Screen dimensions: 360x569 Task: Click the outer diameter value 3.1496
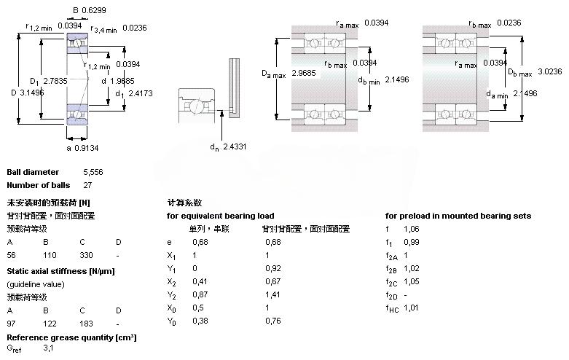click(31, 93)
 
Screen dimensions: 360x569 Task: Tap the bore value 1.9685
click(125, 80)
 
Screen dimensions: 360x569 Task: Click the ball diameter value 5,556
click(93, 172)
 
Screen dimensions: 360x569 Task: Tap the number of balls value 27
click(88, 185)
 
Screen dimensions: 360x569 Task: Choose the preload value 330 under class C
click(87, 255)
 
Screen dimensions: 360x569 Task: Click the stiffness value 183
click(87, 323)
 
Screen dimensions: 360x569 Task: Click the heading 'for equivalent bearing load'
click(221, 216)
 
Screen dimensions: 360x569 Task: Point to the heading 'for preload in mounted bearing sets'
click(458, 216)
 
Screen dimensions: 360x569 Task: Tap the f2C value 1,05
click(413, 281)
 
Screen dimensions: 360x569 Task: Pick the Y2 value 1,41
click(273, 294)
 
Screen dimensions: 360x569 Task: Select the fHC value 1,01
click(413, 308)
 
